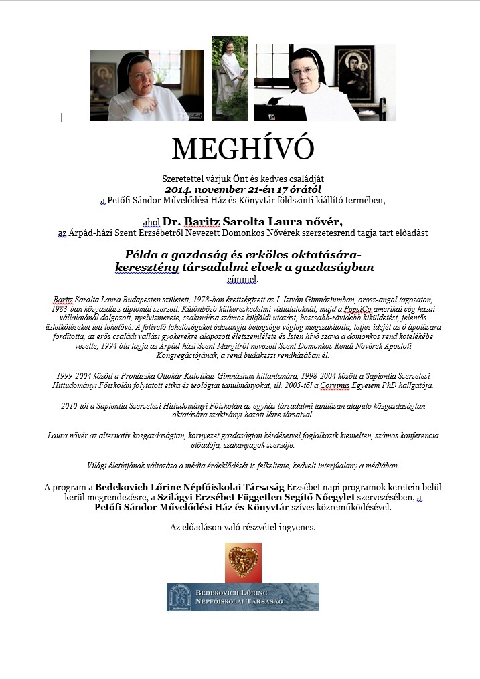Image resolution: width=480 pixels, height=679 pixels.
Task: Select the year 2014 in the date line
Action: (x=177, y=189)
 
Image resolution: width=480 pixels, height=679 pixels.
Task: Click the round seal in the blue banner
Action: (x=184, y=597)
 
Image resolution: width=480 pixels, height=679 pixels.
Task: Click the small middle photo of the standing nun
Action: (x=230, y=78)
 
